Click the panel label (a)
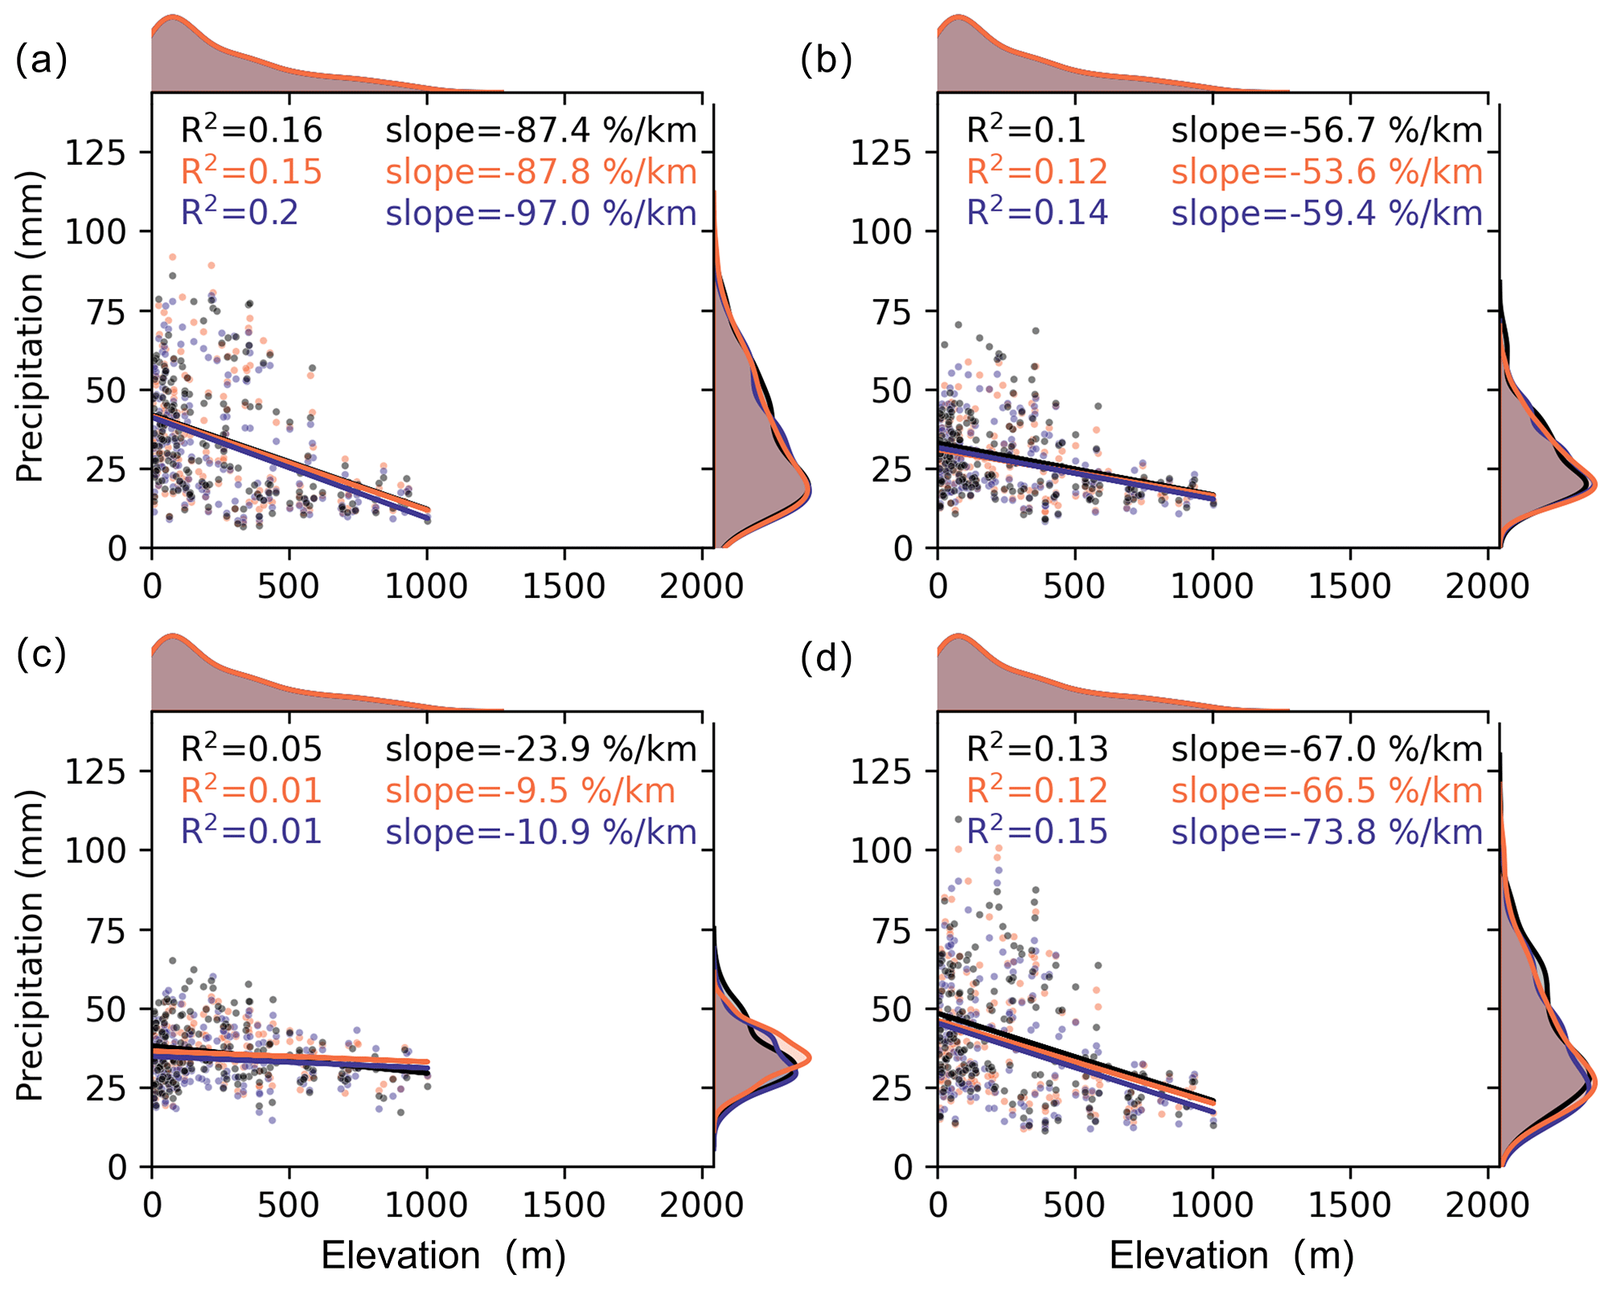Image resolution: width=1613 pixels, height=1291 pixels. click(41, 61)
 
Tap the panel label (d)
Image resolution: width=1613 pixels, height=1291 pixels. click(827, 658)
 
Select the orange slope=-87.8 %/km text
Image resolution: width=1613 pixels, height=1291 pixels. click(540, 172)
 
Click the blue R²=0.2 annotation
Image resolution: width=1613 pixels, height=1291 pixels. click(240, 213)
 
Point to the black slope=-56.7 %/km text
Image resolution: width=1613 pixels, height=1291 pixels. click(1326, 130)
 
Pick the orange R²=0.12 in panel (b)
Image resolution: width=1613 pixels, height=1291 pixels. click(1036, 172)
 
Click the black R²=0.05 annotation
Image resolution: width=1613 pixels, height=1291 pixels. click(251, 749)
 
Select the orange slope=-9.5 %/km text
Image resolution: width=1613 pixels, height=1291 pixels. click(530, 791)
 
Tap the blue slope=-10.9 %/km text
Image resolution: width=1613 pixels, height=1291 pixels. click(540, 832)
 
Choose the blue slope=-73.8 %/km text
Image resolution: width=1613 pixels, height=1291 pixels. click(1326, 832)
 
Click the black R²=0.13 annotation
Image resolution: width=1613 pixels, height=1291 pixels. click(1036, 749)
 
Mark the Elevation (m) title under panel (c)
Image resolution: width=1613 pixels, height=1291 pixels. click(443, 1255)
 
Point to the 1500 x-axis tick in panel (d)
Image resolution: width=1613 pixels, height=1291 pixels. click(1349, 1205)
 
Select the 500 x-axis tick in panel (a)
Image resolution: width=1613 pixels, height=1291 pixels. click(289, 586)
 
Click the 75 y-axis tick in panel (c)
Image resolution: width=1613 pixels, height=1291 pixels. click(106, 930)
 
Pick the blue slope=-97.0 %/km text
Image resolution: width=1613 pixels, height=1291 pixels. click(540, 213)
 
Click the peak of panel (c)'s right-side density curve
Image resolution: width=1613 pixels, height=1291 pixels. click(808, 1058)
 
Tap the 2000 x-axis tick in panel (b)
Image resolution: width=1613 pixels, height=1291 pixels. click(1487, 586)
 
